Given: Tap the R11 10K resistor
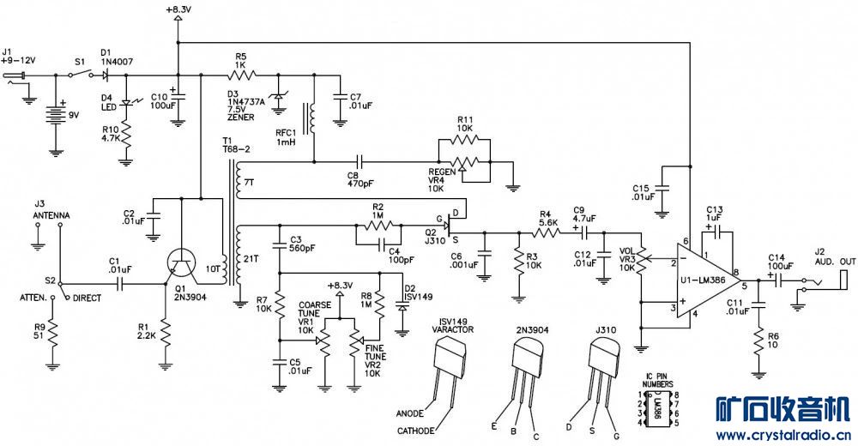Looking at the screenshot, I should pos(465,139).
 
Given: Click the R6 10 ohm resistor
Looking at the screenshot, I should pos(759,341).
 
